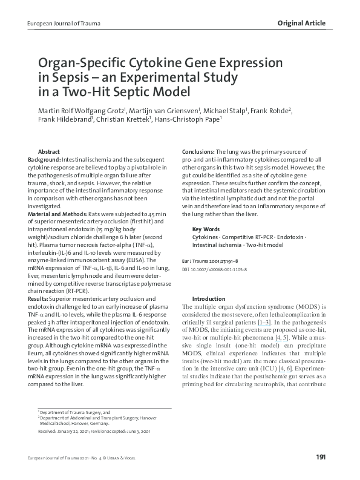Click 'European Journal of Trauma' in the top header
60,24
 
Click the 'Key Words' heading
206,229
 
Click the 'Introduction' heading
209,299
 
